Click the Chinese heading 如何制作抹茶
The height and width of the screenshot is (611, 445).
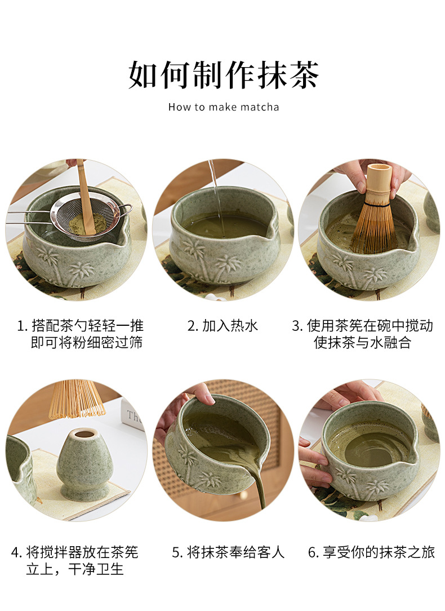(224, 74)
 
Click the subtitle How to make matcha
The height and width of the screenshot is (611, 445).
(224, 107)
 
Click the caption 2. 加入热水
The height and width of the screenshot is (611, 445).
(222, 325)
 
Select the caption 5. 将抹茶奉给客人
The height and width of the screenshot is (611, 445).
(228, 552)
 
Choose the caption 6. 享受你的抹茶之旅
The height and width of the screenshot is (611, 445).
(371, 552)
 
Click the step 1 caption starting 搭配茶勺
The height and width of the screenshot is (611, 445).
(80, 334)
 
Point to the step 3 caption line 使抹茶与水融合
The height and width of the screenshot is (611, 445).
(362, 343)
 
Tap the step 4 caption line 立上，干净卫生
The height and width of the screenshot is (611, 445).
(75, 569)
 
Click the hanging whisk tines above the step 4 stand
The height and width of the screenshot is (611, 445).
(77, 399)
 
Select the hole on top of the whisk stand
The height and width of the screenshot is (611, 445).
(84, 433)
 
